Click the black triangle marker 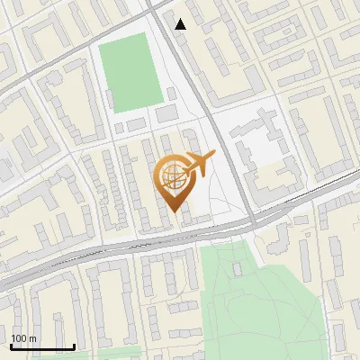pos(181,24)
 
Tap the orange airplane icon pos(200,164)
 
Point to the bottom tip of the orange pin pos(172,212)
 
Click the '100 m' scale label pos(23,338)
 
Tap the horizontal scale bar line pos(42,346)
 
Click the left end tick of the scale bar pos(11,345)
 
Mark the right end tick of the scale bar pos(74,345)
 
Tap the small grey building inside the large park pos(238,268)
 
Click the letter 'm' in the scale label pos(32,338)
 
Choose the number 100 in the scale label pos(19,338)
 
